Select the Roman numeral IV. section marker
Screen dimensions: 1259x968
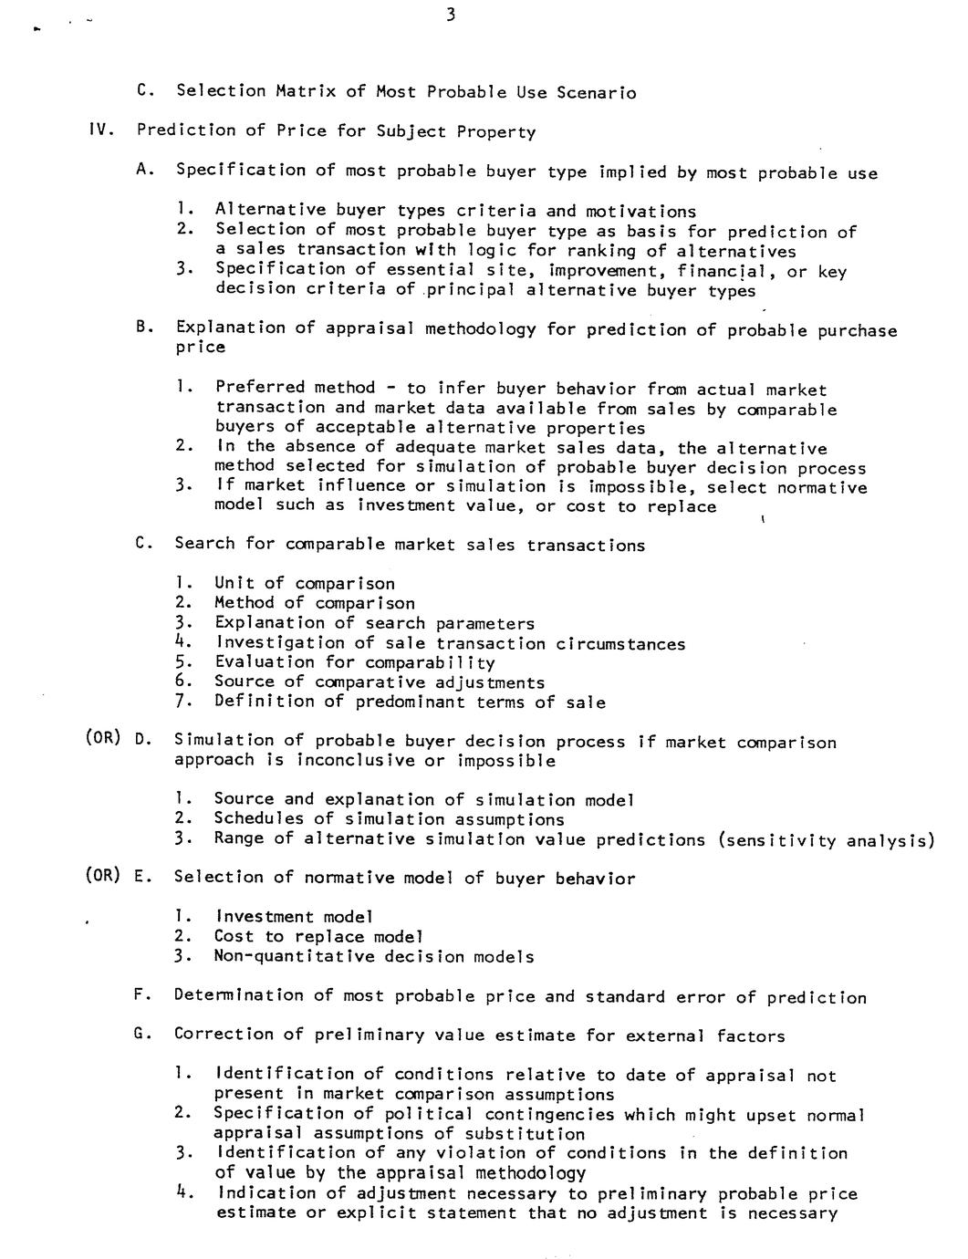pyautogui.click(x=99, y=130)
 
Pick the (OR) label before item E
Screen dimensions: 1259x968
pyautogui.click(x=102, y=876)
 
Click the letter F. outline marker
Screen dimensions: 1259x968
pyautogui.click(x=141, y=995)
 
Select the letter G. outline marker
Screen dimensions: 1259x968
pyautogui.click(x=141, y=1035)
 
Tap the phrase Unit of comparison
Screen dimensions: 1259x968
pyautogui.click(x=305, y=583)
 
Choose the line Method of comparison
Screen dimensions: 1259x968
pyautogui.click(x=315, y=603)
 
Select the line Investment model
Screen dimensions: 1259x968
pyautogui.click(x=294, y=916)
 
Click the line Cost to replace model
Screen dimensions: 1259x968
pyautogui.click(x=318, y=936)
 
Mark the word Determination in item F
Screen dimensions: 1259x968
pyautogui.click(x=238, y=995)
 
